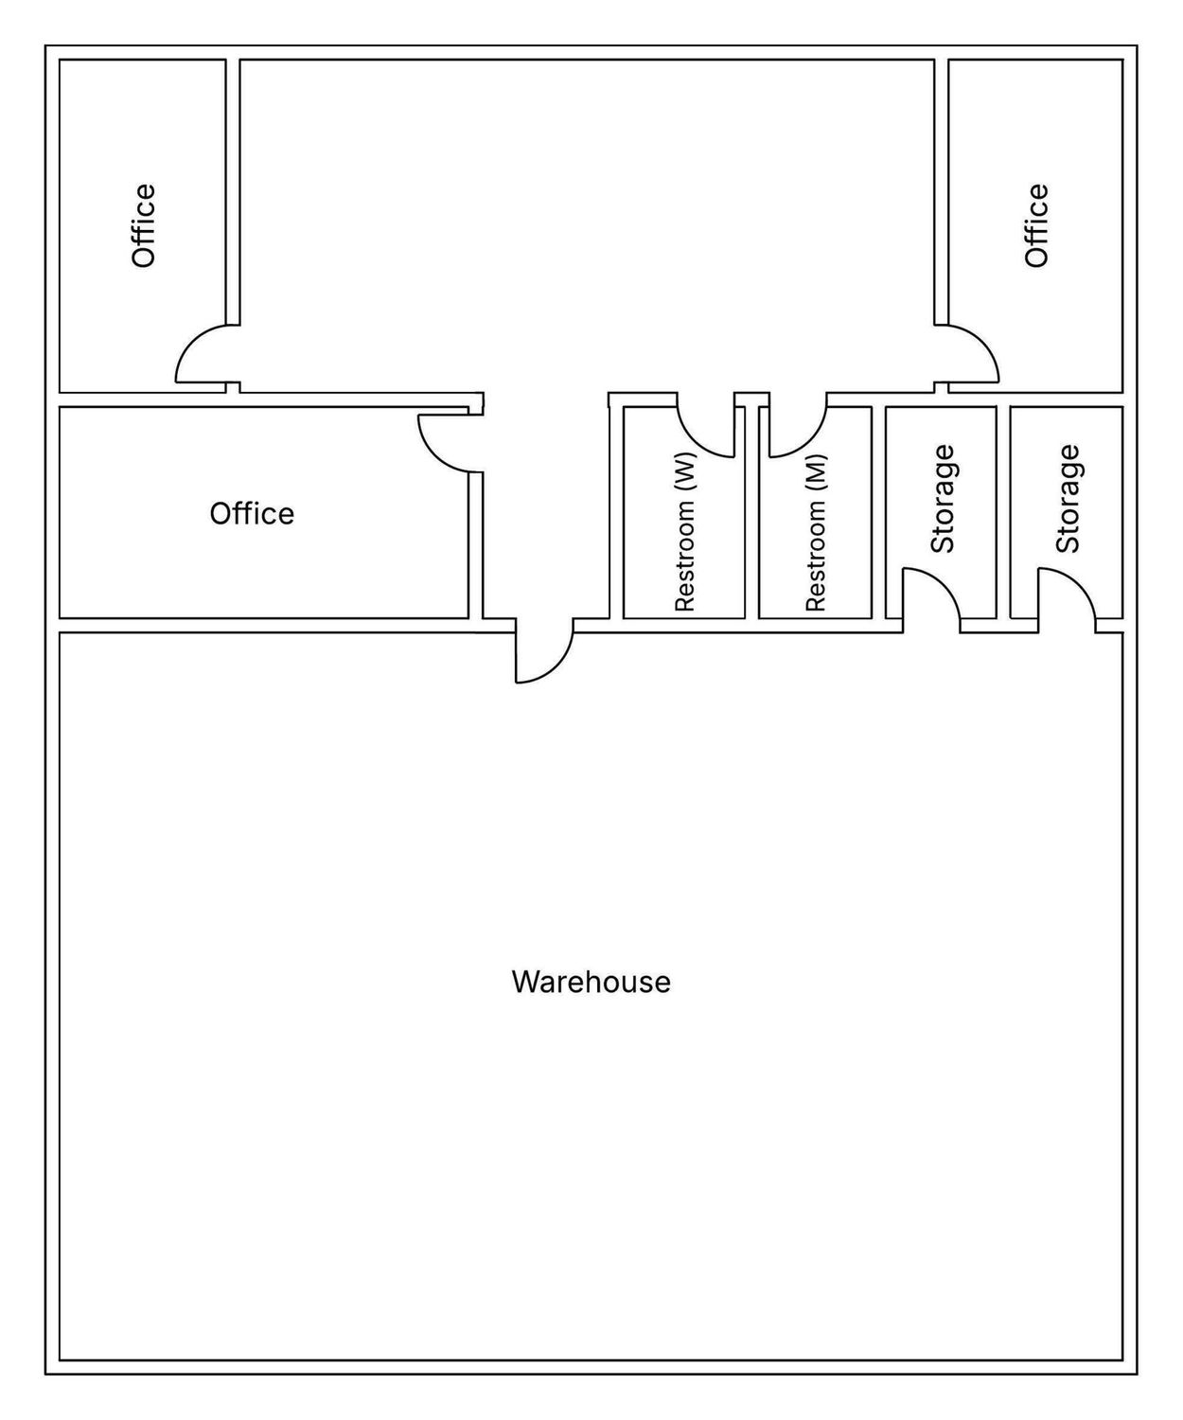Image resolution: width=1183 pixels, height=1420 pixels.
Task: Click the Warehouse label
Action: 591,982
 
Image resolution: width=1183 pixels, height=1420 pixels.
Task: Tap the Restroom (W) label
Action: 684,531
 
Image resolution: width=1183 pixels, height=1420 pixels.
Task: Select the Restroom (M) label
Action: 815,532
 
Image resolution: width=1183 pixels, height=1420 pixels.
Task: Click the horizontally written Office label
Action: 252,513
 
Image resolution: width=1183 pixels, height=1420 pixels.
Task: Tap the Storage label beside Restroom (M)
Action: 943,499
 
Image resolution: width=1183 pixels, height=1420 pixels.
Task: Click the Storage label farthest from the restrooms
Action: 1068,499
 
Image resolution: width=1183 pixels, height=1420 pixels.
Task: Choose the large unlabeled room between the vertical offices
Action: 587,224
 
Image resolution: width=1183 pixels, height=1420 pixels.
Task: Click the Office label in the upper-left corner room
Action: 144,225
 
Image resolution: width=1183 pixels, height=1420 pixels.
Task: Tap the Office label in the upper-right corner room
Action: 1036,225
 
